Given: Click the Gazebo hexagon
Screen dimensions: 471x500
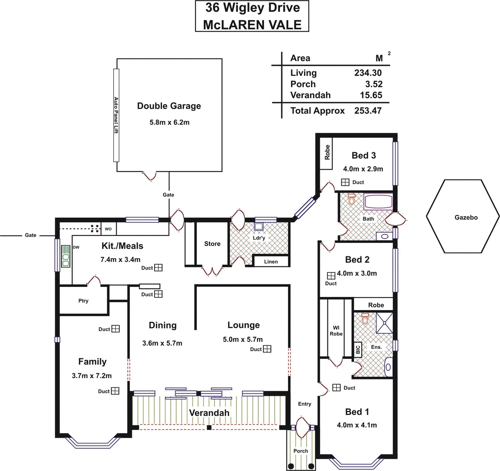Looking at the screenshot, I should click(x=463, y=217).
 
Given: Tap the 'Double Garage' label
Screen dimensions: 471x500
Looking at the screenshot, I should click(x=169, y=106).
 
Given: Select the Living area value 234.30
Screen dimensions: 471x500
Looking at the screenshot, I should click(x=368, y=73).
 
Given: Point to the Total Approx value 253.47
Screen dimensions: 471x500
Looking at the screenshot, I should click(x=368, y=111).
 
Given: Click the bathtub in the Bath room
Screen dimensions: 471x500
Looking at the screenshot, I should click(x=378, y=202).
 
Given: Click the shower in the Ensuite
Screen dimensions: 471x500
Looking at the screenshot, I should click(x=384, y=323).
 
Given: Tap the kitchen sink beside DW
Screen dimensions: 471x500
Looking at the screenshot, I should click(x=66, y=256).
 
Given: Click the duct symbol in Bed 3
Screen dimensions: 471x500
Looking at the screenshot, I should click(x=345, y=182).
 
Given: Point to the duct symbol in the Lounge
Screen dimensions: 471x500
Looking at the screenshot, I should click(x=267, y=349).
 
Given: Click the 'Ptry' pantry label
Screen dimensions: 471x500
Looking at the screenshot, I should click(x=83, y=301).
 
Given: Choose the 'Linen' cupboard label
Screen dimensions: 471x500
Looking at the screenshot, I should click(x=271, y=262).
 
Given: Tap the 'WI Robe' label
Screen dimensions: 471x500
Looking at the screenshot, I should click(x=336, y=330).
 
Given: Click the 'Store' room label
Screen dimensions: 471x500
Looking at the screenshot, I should click(x=212, y=244).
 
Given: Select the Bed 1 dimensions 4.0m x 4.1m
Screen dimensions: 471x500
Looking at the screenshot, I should click(x=357, y=425).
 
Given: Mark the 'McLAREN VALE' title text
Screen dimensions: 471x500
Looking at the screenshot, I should click(x=252, y=24).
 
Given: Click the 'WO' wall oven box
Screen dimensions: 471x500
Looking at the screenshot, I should click(x=108, y=229).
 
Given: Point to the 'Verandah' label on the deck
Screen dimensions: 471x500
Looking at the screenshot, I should click(x=209, y=413).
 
